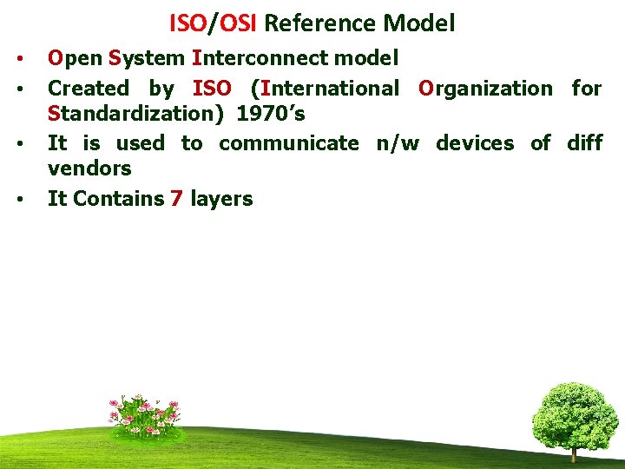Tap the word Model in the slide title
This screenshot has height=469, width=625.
click(x=420, y=23)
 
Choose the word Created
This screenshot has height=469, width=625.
click(x=88, y=89)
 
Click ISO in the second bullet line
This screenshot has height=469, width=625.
click(x=212, y=89)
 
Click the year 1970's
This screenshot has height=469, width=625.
click(x=271, y=114)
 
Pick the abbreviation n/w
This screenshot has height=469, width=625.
click(x=397, y=143)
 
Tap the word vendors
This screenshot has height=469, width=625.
click(x=89, y=168)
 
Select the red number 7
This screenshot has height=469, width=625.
click(x=176, y=199)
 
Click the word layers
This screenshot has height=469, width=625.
click(x=221, y=200)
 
